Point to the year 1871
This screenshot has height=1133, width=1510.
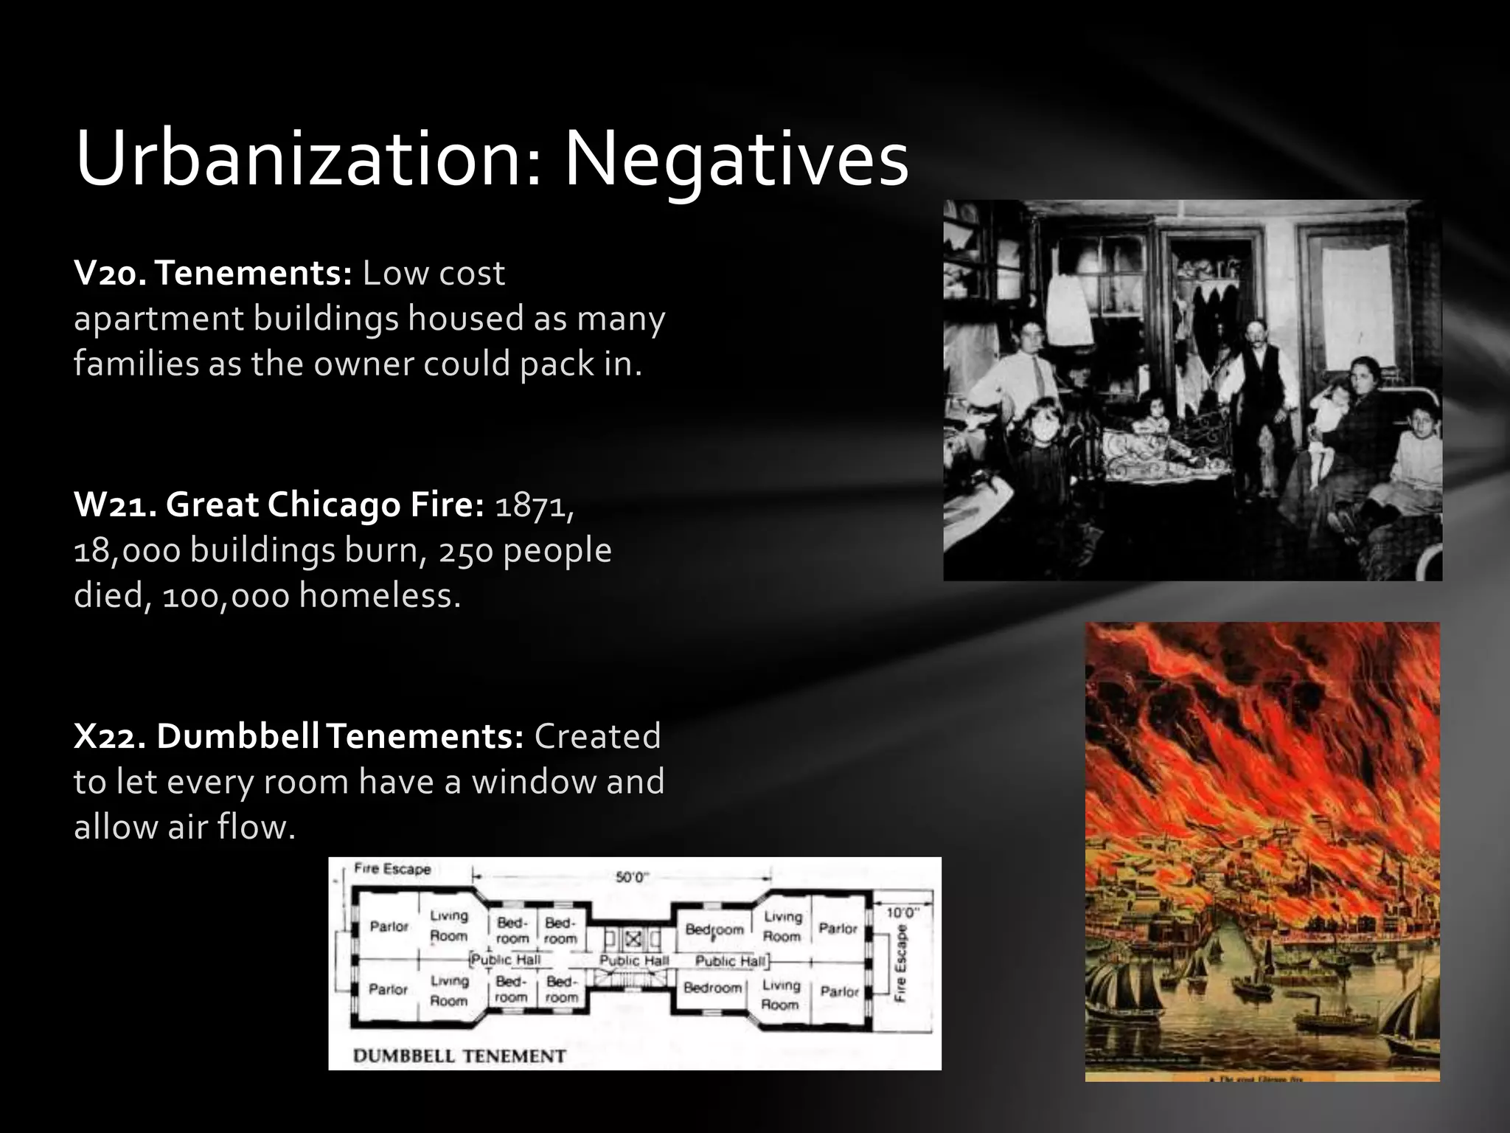click(533, 505)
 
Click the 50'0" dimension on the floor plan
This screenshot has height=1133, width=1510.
click(632, 877)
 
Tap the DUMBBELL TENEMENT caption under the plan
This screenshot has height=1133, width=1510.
click(459, 1056)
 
